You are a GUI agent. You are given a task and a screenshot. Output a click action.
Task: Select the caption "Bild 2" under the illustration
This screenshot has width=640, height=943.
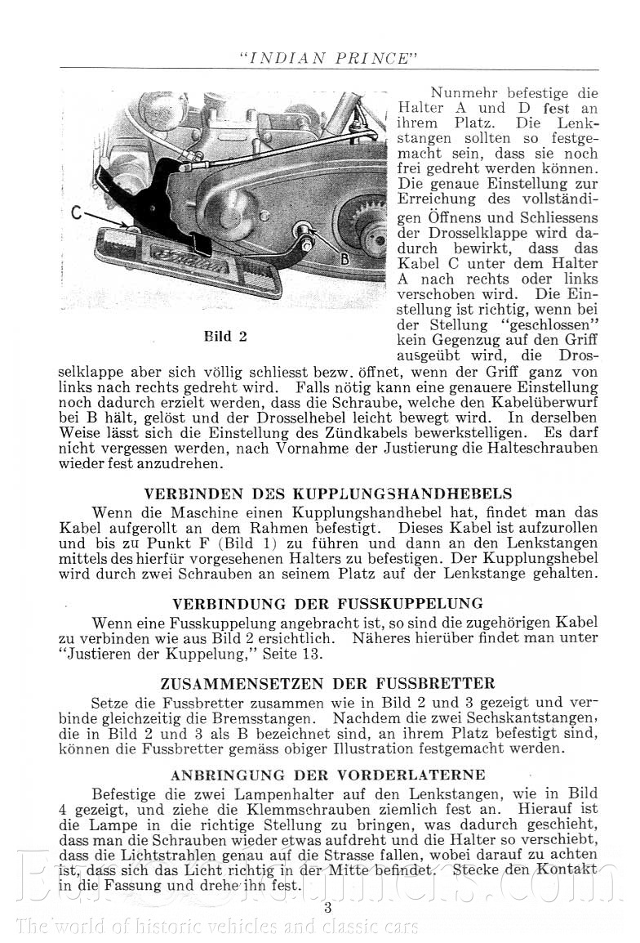coord(225,336)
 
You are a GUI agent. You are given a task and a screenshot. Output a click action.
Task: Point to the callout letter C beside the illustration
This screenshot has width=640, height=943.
coord(76,215)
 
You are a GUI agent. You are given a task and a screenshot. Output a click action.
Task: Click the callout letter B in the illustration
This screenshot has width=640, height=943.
coord(344,260)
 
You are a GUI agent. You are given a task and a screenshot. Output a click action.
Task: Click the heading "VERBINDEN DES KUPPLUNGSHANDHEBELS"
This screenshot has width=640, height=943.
coord(328,494)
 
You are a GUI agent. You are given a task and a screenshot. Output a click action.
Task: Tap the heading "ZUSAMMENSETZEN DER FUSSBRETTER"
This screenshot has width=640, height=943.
coord(328,683)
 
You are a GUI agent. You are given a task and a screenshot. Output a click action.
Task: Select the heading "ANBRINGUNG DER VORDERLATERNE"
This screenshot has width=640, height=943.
coord(328,774)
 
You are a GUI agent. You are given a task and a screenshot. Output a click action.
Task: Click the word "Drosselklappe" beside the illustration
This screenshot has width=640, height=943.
coord(457,233)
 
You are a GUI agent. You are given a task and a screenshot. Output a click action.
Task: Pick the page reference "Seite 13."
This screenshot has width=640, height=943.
coord(294,654)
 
